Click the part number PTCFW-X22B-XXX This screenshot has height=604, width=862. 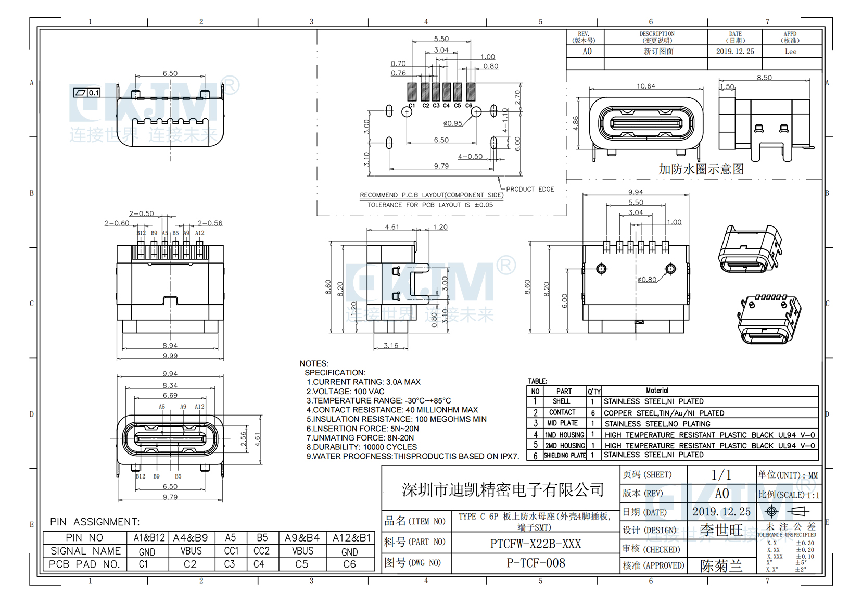tap(535, 544)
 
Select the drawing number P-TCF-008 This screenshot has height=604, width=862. tap(536, 563)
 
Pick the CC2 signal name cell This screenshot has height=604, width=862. tap(261, 551)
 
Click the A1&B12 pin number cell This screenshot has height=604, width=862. tap(149, 538)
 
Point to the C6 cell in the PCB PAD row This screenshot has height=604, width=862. tap(349, 564)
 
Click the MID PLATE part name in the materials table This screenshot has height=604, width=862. tap(562, 423)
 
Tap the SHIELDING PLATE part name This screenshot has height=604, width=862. tap(564, 455)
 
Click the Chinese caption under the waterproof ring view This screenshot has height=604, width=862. tap(701, 169)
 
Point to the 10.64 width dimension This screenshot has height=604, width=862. tap(645, 86)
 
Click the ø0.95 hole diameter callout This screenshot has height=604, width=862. tap(453, 123)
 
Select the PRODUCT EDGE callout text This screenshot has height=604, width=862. tap(530, 189)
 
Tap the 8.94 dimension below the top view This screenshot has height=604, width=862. tap(170, 345)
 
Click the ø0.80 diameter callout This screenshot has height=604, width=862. tap(647, 280)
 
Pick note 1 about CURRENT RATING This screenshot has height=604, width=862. tap(363, 382)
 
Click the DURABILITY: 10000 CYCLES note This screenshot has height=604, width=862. tap(361, 447)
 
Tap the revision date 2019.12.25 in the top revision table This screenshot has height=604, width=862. tap(734, 51)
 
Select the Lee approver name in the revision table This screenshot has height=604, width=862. tap(790, 51)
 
